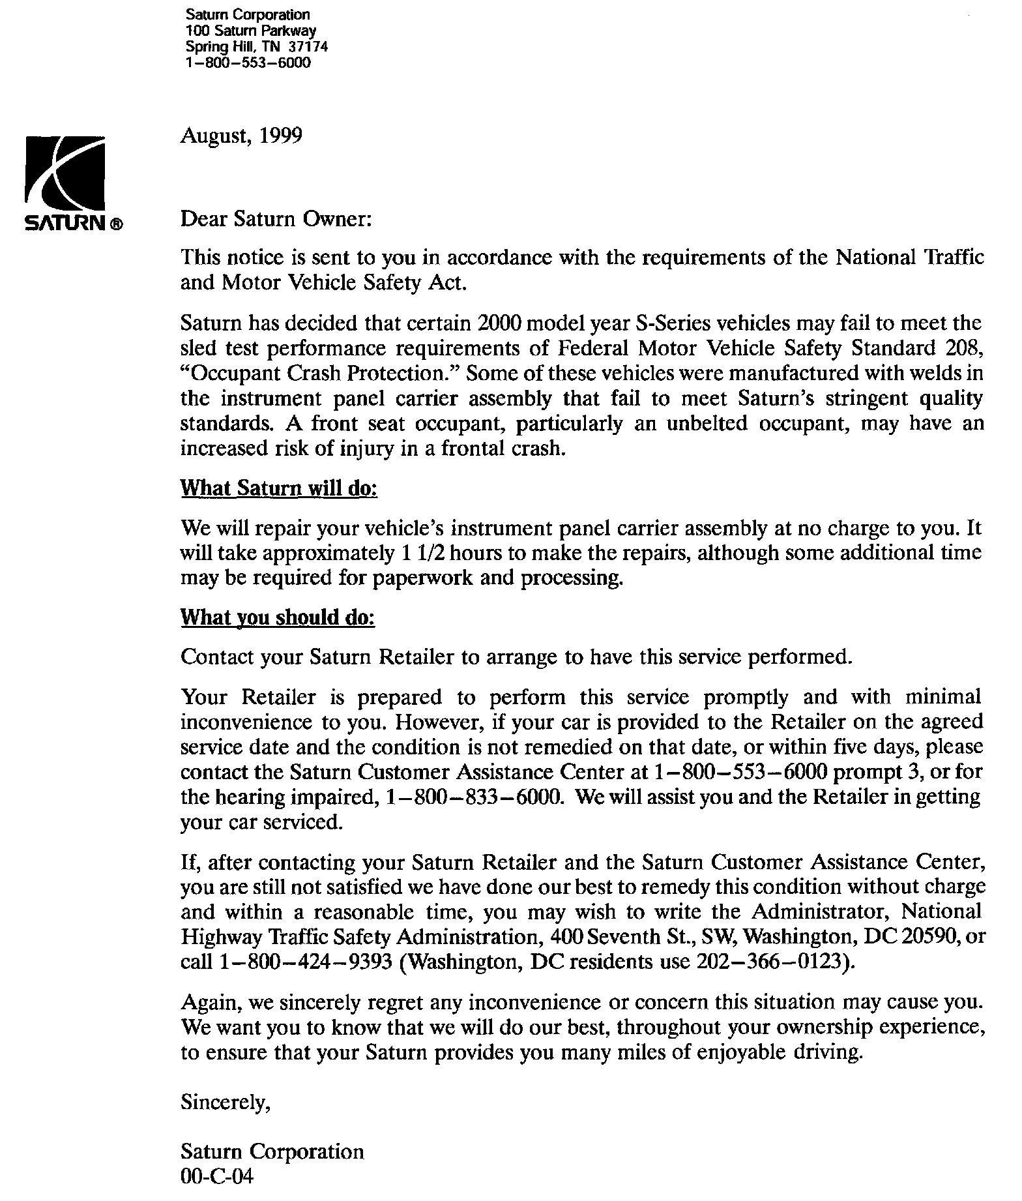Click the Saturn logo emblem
point(65,172)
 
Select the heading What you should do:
point(278,617)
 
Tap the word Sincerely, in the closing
point(225,1103)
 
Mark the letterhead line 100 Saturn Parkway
point(251,31)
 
